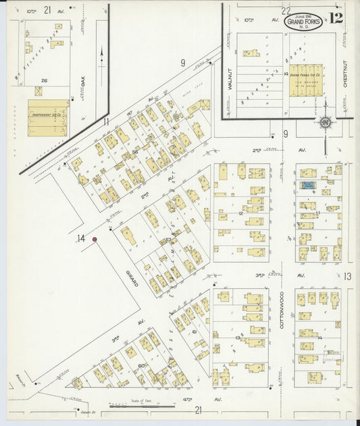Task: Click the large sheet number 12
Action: (336, 19)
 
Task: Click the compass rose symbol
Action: (326, 122)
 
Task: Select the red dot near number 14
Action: (95, 239)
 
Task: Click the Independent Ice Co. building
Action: (48, 117)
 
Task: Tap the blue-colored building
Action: (307, 184)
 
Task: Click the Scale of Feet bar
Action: (137, 406)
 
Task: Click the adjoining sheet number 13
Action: (347, 276)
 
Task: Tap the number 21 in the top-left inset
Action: (47, 9)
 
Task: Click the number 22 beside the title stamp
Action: (286, 10)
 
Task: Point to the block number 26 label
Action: (45, 81)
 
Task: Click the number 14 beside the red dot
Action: (81, 238)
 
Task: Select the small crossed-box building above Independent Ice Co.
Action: (38, 90)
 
